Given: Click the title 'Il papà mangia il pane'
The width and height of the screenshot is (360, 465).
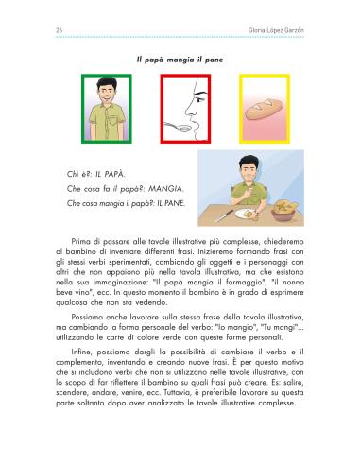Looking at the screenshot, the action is click(179, 60).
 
